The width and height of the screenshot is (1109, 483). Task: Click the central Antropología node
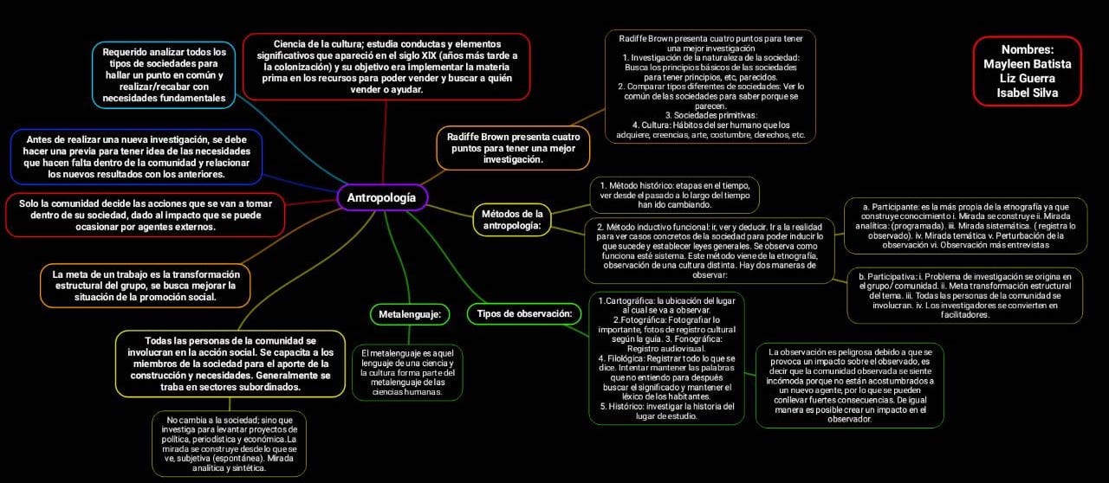(381, 197)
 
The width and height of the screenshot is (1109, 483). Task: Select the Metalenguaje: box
(410, 313)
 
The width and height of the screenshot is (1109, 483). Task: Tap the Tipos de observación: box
(523, 313)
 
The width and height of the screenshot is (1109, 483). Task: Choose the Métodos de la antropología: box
(511, 220)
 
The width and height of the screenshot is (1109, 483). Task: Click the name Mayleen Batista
(1028, 64)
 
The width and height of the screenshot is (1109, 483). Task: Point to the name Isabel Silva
(1028, 93)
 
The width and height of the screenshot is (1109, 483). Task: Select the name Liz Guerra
(1028, 78)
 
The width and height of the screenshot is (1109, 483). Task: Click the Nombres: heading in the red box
(1028, 49)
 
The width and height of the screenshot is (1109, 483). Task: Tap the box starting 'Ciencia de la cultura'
(386, 67)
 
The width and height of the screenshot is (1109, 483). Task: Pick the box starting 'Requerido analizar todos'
(164, 75)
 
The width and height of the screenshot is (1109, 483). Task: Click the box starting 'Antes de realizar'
(137, 157)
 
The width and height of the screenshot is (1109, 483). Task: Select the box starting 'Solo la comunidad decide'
(133, 215)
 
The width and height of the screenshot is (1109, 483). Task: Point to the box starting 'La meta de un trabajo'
(146, 285)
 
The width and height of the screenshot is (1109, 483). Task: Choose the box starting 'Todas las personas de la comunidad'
(230, 364)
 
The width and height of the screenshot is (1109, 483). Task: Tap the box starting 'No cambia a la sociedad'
(230, 443)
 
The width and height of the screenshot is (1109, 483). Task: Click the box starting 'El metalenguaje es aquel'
(407, 372)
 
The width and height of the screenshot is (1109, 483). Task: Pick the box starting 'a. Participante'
(963, 226)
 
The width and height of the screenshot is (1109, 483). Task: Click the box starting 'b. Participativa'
(964, 294)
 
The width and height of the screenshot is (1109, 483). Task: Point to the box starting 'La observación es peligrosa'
(849, 385)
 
